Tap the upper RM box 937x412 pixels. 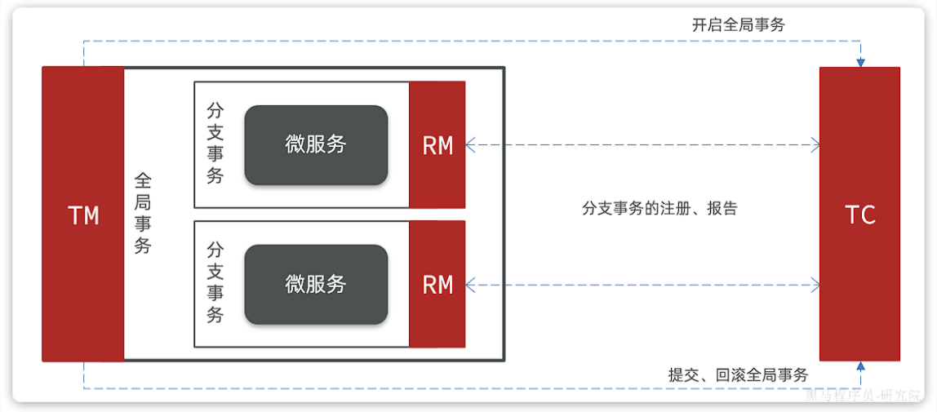click(x=437, y=145)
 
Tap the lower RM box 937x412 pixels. click(x=437, y=284)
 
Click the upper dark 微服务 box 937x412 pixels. click(x=316, y=144)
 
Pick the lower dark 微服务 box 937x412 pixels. click(x=316, y=284)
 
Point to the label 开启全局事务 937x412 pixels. click(x=738, y=25)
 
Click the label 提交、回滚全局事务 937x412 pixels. click(x=738, y=375)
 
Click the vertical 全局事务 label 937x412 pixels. click(x=143, y=213)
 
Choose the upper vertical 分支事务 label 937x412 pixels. click(x=215, y=144)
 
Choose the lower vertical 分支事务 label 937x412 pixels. click(x=215, y=282)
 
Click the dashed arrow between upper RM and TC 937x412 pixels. click(x=642, y=145)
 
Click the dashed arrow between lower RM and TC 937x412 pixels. click(x=642, y=285)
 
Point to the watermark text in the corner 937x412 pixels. click(x=865, y=396)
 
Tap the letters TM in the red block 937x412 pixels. click(x=82, y=215)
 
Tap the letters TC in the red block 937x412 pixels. click(x=859, y=215)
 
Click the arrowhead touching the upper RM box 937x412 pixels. click(x=470, y=145)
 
